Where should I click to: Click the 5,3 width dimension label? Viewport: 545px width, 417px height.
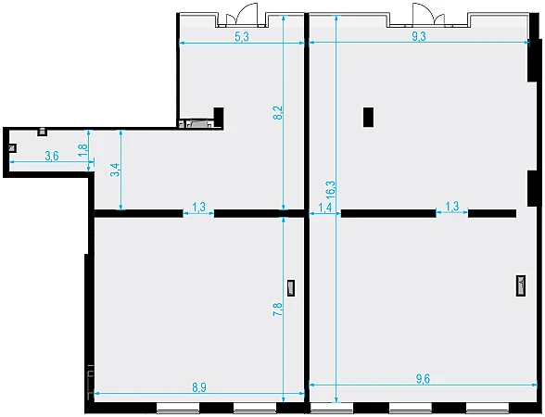(x=242, y=36)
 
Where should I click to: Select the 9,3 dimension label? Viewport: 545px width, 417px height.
(x=419, y=36)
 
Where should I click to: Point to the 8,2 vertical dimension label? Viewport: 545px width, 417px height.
(x=278, y=113)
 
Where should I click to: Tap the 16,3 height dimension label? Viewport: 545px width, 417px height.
(x=331, y=190)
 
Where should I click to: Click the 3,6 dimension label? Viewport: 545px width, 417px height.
(x=52, y=156)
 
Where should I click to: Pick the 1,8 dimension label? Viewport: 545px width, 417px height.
(x=83, y=150)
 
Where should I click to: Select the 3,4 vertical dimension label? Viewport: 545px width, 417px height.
(x=115, y=170)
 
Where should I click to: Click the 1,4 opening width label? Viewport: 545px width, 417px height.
(x=325, y=208)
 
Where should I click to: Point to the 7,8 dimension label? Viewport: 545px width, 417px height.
(x=278, y=310)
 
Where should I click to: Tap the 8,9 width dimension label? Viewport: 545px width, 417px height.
(x=199, y=387)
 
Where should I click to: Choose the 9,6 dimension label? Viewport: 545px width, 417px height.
(x=423, y=379)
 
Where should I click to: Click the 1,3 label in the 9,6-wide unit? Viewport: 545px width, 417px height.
(x=452, y=207)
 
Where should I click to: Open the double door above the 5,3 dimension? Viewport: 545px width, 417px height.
(x=242, y=15)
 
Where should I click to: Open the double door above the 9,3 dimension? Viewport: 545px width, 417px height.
(x=428, y=15)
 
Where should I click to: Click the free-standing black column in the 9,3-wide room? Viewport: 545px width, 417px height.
(x=369, y=117)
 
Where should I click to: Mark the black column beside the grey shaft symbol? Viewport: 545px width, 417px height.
(x=219, y=118)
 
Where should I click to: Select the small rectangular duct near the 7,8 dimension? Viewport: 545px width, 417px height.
(x=291, y=288)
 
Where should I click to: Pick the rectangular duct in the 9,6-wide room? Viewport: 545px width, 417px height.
(x=521, y=285)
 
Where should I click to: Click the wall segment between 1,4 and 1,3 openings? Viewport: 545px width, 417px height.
(x=388, y=213)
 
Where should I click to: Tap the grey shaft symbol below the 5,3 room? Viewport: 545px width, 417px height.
(x=199, y=123)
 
